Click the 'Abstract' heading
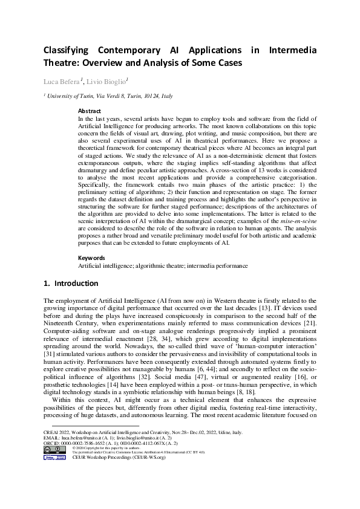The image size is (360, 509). pyautogui.click(x=90, y=111)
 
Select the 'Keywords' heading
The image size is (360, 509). pyautogui.click(x=91, y=258)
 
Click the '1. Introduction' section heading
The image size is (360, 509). pyautogui.click(x=71, y=283)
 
